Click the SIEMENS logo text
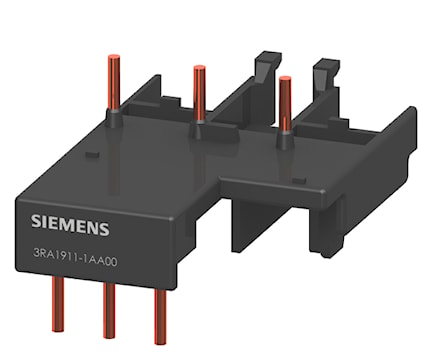[70, 225]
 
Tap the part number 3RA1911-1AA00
[75, 260]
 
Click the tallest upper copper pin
[113, 83]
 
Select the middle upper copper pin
[199, 93]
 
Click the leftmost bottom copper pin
[58, 304]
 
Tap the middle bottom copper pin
[109, 311]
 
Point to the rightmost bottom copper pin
[160, 317]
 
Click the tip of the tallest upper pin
[113, 57]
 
